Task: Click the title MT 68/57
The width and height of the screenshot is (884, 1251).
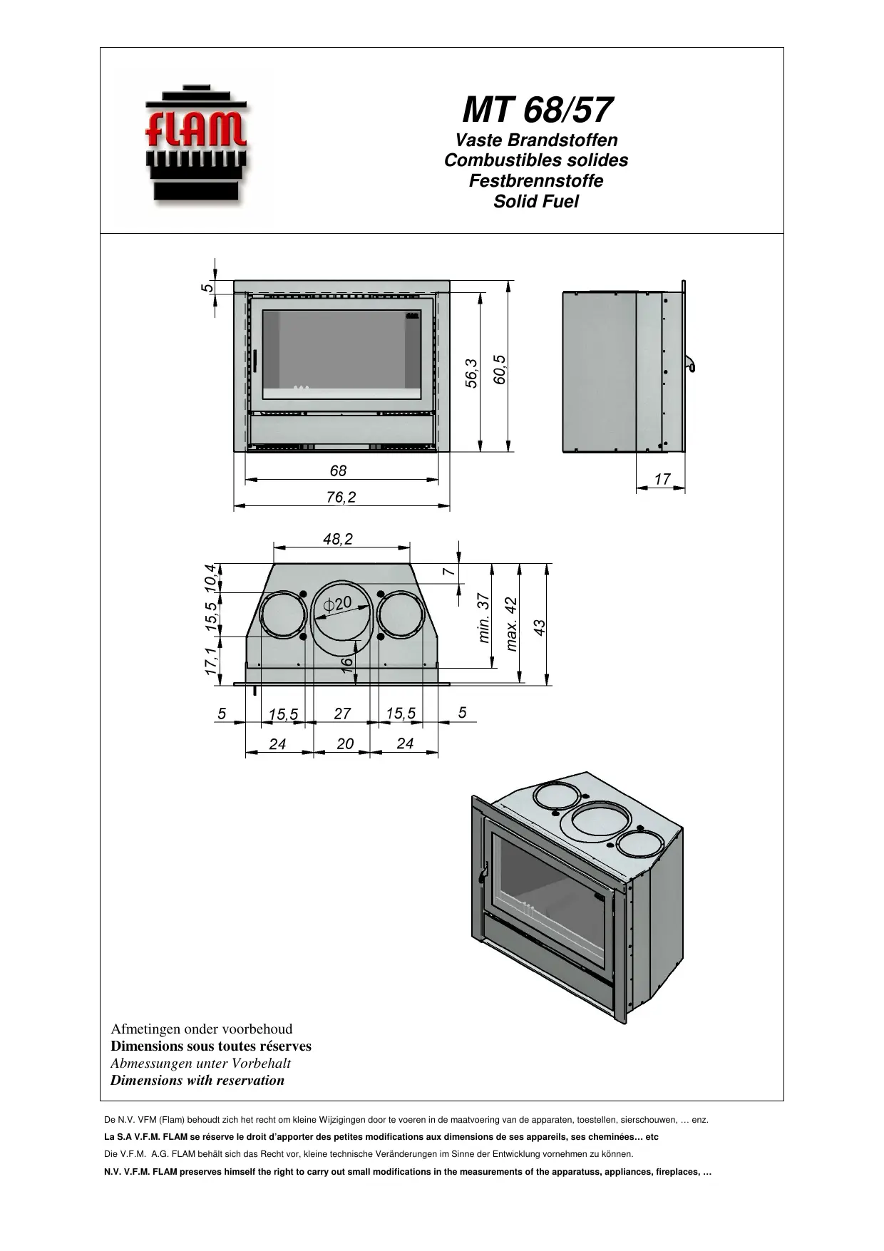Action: (x=536, y=110)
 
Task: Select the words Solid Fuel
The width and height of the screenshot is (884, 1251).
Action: (x=536, y=202)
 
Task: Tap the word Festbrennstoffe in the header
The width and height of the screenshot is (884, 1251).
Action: (x=536, y=181)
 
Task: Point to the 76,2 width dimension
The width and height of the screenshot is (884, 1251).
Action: (x=341, y=498)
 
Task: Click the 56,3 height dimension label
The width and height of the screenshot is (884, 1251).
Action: (x=471, y=373)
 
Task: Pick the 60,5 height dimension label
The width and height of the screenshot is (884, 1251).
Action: (x=500, y=370)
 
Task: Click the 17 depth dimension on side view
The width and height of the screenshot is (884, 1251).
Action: (x=662, y=480)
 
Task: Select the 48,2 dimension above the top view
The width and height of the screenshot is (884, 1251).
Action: (x=338, y=540)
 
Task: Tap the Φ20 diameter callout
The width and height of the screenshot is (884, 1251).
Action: (x=337, y=603)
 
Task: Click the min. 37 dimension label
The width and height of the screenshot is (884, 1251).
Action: (x=484, y=618)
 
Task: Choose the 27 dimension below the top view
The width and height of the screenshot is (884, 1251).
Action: (x=342, y=714)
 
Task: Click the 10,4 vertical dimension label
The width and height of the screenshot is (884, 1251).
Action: (x=210, y=577)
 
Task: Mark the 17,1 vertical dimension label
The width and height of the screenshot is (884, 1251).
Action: (x=210, y=661)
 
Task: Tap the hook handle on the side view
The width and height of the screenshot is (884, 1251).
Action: (x=692, y=364)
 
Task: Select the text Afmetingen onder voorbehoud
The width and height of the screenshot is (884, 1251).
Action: (x=202, y=1029)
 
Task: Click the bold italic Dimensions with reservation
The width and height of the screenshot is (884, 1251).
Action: (x=197, y=1080)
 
